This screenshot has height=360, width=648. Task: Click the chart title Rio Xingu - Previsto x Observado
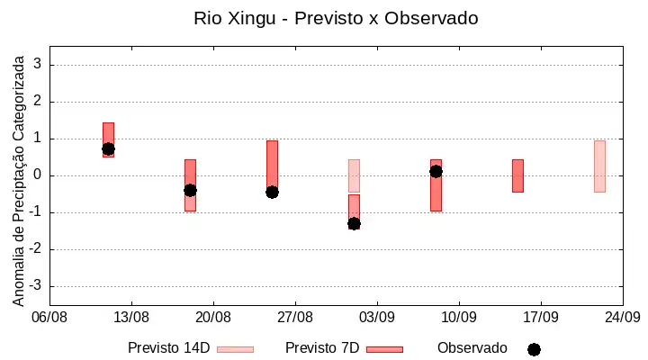click(x=336, y=18)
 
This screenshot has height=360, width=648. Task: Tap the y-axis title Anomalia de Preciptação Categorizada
click(x=19, y=181)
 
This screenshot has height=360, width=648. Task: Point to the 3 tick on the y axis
click(x=38, y=64)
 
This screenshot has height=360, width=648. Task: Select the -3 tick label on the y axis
click(x=35, y=285)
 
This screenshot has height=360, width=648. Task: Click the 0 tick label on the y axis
click(x=38, y=175)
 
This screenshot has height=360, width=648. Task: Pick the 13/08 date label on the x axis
click(x=131, y=318)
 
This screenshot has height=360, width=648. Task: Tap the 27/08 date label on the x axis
click(x=295, y=318)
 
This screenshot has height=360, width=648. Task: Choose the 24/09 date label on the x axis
click(x=623, y=318)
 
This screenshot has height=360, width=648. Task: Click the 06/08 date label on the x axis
click(x=49, y=318)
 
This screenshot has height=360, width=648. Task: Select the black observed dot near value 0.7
click(x=108, y=148)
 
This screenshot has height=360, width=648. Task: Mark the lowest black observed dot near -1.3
click(x=354, y=224)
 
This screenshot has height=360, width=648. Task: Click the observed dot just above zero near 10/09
click(x=436, y=172)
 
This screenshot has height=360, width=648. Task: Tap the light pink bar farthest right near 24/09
click(x=599, y=166)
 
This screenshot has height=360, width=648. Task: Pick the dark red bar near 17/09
click(x=517, y=175)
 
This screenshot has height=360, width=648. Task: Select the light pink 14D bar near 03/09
click(x=354, y=175)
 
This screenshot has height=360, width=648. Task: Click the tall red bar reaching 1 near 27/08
click(x=272, y=166)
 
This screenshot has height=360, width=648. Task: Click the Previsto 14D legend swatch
click(x=235, y=350)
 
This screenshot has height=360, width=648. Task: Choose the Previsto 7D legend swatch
click(x=385, y=350)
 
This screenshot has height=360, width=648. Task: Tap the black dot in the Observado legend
click(x=534, y=350)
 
